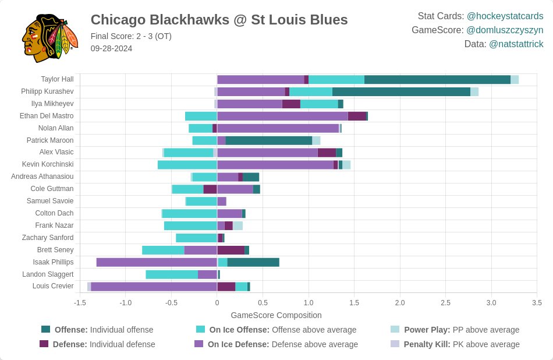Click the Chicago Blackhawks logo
(49, 36)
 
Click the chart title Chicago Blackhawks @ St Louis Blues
(219, 20)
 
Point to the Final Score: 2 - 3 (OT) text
(131, 36)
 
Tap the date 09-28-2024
(111, 48)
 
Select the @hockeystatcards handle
(505, 16)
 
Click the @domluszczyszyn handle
(505, 30)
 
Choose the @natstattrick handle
(516, 44)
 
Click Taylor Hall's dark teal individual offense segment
(437, 80)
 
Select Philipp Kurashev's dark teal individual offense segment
(401, 91)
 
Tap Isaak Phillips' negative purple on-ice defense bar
(157, 262)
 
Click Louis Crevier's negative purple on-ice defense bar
(154, 286)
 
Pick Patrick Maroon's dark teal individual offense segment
(268, 140)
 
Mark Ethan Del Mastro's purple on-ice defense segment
(282, 116)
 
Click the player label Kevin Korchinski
(48, 164)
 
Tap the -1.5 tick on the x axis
(80, 303)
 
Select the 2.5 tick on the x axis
(445, 303)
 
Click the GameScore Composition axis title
(276, 315)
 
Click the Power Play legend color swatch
(395, 330)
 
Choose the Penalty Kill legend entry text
(462, 344)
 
